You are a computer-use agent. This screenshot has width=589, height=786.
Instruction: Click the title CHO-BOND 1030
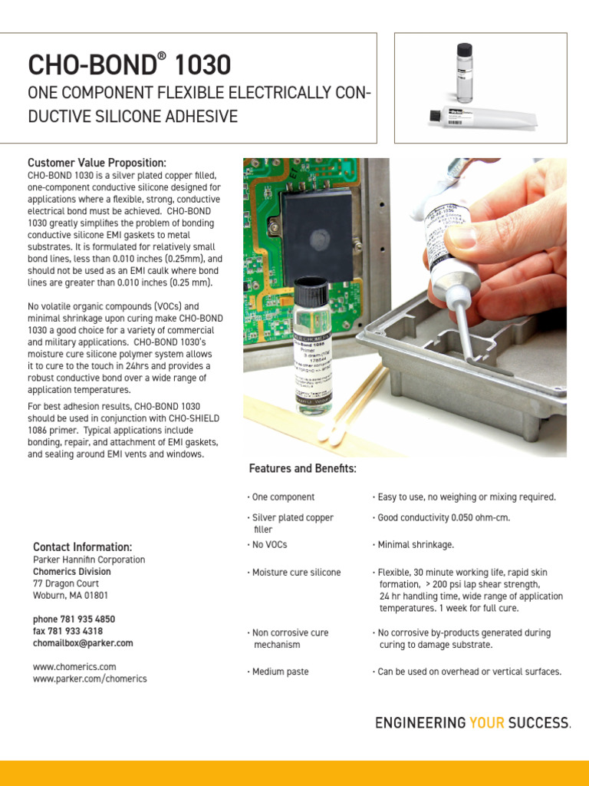[129, 64]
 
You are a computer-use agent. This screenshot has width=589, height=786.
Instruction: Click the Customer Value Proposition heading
[97, 163]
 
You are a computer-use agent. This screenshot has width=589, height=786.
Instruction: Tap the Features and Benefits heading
[302, 468]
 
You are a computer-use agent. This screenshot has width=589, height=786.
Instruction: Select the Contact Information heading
[82, 547]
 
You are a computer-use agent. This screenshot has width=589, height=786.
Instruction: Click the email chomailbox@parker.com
[83, 643]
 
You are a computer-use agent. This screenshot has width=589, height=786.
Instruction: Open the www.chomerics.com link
[74, 666]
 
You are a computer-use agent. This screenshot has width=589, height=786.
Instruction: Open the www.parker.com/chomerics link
[90, 679]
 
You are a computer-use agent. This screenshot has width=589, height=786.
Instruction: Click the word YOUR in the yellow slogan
[489, 723]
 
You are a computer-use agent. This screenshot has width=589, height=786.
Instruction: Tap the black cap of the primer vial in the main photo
[311, 289]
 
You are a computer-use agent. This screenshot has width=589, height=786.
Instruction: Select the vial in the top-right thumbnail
[465, 73]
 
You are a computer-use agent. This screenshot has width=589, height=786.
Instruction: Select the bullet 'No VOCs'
[267, 544]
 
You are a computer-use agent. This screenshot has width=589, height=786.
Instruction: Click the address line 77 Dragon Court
[66, 583]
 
